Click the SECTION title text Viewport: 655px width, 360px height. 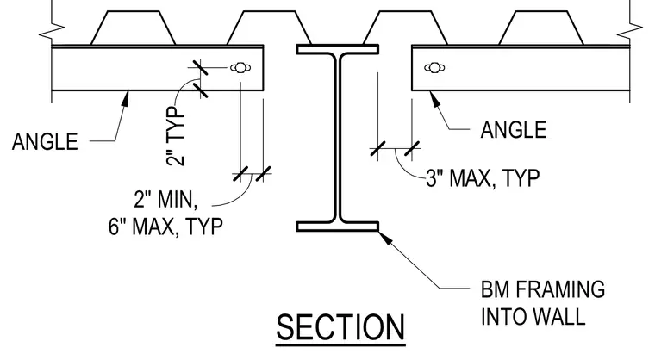[340, 328]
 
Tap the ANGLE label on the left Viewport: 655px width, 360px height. [45, 141]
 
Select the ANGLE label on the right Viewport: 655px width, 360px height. [514, 130]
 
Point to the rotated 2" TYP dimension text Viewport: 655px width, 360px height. [176, 136]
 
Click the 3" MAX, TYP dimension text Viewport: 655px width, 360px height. [483, 178]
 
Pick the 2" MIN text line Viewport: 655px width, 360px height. [165, 199]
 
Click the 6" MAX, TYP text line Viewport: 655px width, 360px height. [165, 227]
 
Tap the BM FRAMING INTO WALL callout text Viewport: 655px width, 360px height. [543, 303]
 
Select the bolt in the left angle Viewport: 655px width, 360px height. [240, 67]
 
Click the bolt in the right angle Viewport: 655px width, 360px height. [434, 67]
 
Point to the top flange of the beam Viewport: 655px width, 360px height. [338, 49]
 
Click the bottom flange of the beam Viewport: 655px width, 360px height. [338, 227]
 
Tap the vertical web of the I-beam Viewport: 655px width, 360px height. [338, 138]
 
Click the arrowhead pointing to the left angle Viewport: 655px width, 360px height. [125, 98]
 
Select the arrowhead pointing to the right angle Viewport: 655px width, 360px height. [435, 98]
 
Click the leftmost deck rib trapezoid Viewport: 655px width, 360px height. [133, 28]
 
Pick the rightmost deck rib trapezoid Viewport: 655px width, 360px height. [541, 28]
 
